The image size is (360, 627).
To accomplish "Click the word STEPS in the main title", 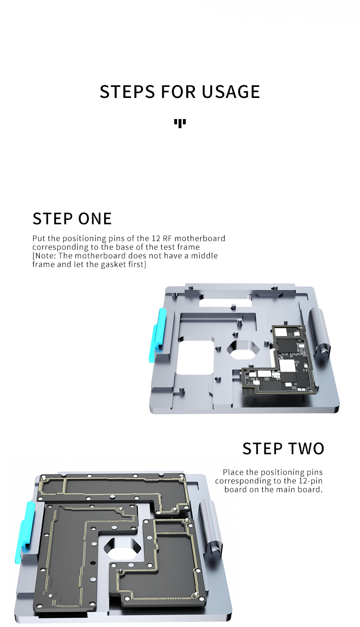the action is coord(127,92).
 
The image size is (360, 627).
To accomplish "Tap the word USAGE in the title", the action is coord(231,92).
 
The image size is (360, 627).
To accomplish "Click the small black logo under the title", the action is coord(180,123).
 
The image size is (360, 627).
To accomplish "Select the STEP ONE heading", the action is coord(72,218).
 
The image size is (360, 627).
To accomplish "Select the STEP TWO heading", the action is coord(283,448).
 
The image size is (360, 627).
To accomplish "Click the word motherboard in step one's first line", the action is coord(200,238).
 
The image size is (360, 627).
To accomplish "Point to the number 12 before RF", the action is coord(156,239).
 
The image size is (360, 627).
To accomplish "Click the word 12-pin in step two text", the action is coord(311,481).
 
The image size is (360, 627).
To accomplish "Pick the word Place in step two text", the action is coord(233,472).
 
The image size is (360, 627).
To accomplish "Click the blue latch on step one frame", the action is coord(157,335).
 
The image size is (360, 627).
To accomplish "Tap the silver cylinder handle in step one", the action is coord(320,332).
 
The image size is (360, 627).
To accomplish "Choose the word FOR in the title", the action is coord(178,92).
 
